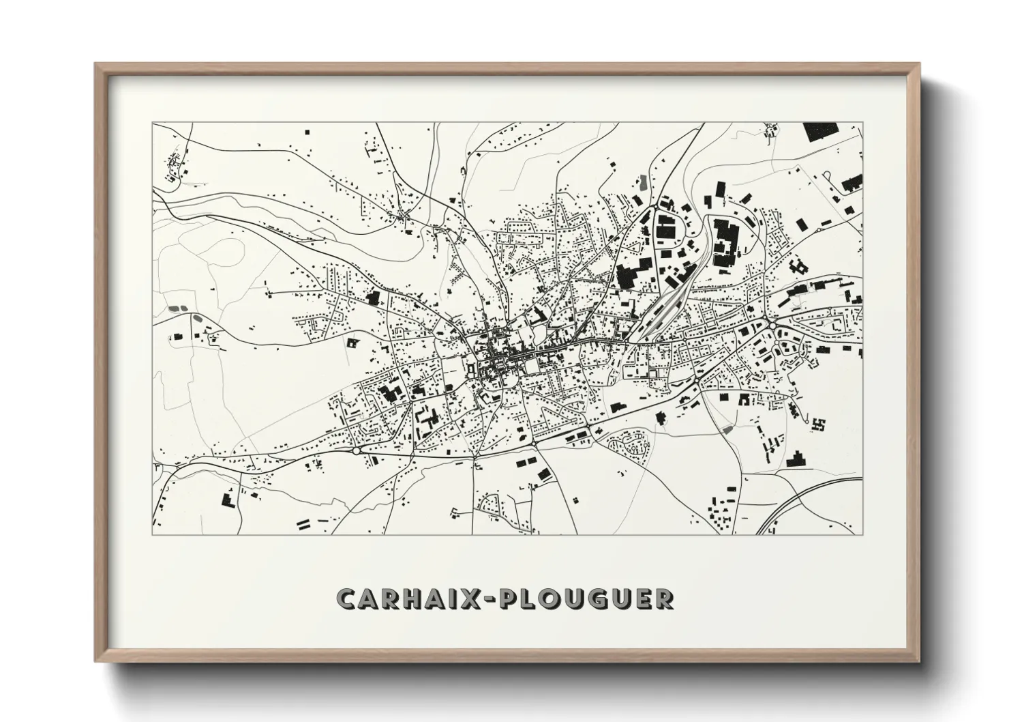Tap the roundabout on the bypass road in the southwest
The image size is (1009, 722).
357,450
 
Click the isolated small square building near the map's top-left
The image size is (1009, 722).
306,130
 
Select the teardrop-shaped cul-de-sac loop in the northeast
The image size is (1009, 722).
830,177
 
